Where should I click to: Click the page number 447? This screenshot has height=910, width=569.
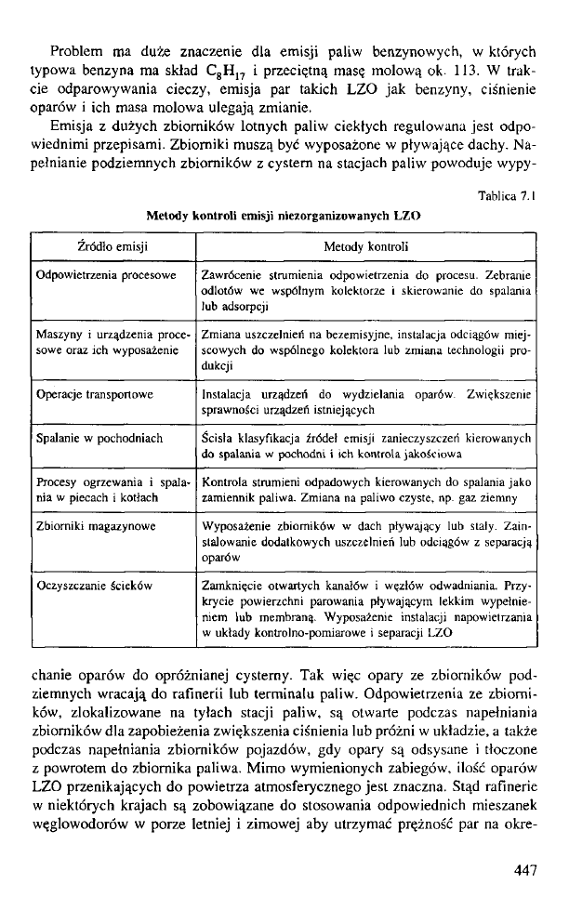point(523,869)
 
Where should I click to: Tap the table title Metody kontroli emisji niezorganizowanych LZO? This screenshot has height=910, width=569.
point(284,216)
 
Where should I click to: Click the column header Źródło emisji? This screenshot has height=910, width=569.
point(112,247)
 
